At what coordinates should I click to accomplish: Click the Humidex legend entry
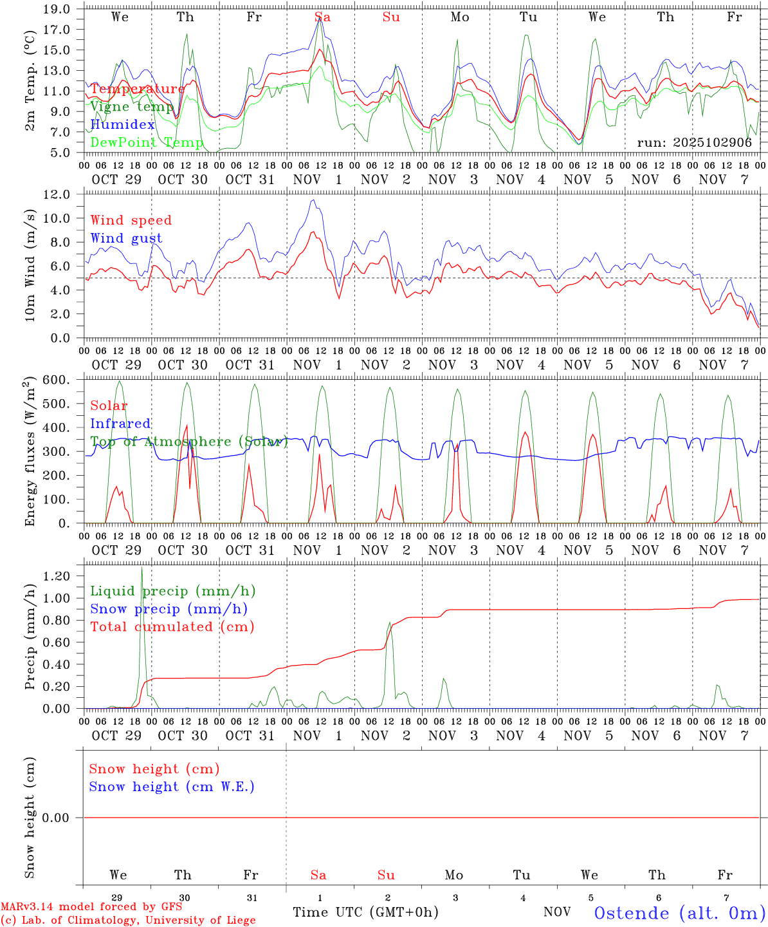[x=122, y=124]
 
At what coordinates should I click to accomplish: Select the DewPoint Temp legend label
[x=147, y=142]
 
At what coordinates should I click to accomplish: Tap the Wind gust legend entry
[x=126, y=238]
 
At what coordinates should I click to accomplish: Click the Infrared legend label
[x=120, y=424]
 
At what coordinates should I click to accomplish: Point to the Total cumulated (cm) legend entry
[x=172, y=626]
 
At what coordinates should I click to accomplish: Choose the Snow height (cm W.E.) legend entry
[x=172, y=787]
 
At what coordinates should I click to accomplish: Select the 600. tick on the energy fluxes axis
[x=57, y=380]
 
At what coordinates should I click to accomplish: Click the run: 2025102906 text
[x=694, y=142]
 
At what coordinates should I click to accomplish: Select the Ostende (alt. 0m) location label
[x=679, y=913]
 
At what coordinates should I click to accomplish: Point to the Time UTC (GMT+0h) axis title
[x=365, y=912]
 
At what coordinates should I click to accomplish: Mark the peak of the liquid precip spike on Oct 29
[x=142, y=567]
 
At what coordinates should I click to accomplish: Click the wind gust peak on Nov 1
[x=313, y=200]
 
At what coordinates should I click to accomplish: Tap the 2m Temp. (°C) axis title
[x=30, y=89]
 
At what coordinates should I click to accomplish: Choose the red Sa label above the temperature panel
[x=322, y=17]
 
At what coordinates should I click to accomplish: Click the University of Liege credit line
[x=128, y=920]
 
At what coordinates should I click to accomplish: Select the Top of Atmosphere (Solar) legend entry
[x=188, y=442]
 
